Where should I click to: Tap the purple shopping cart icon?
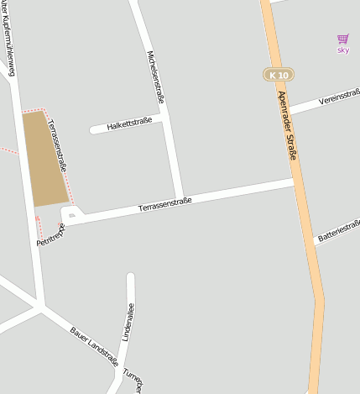point(342,39)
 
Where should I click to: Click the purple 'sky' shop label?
point(342,50)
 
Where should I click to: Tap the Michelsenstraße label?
point(155,77)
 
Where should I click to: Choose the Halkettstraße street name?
point(129,124)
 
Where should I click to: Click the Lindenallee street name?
point(129,322)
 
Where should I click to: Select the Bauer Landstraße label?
point(95,345)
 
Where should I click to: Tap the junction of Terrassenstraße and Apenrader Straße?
point(296,181)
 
